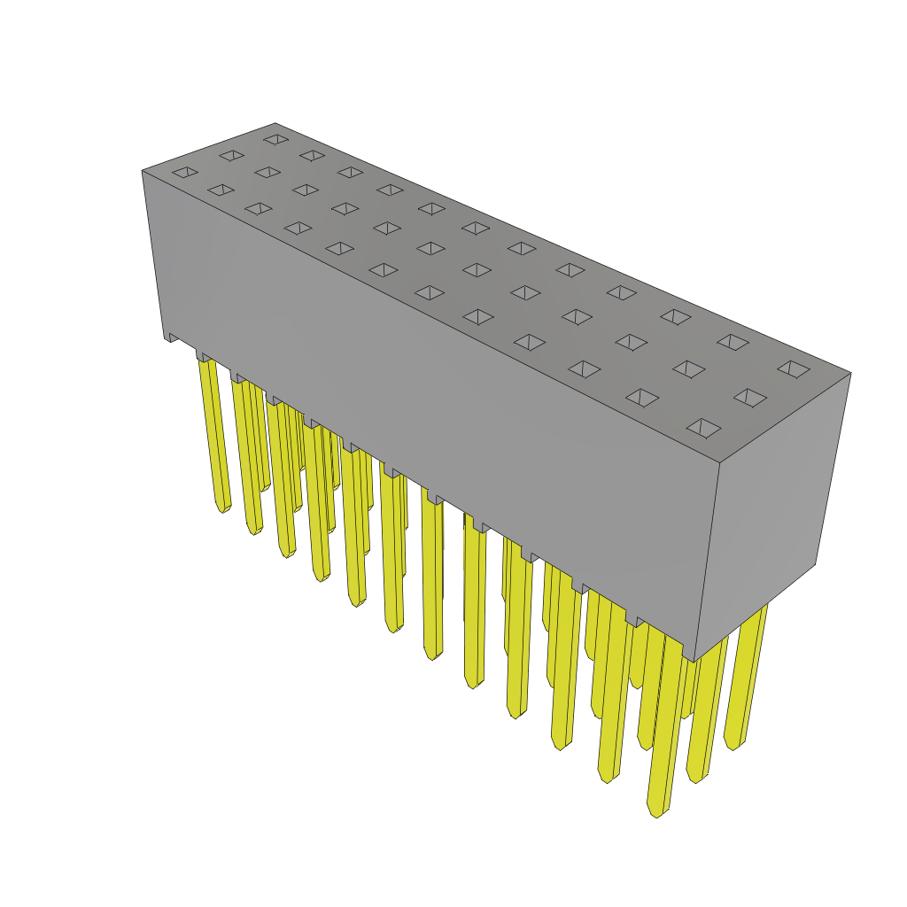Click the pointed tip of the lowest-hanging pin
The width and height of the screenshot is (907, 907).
tap(655, 813)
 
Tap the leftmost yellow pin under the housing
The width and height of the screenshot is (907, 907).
tap(214, 425)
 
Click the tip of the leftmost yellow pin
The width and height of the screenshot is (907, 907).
tap(221, 508)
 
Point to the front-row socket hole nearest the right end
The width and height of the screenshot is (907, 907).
tap(703, 429)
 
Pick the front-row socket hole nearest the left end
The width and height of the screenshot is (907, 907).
tap(185, 172)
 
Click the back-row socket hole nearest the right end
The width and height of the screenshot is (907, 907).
tap(794, 368)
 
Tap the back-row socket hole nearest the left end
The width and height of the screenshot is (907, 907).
tap(275, 139)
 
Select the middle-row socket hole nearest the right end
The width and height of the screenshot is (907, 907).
tap(749, 398)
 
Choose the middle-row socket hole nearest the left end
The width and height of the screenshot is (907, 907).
tap(231, 155)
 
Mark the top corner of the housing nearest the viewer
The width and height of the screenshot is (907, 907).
tap(719, 463)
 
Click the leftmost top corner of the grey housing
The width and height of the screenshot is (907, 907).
tap(143, 171)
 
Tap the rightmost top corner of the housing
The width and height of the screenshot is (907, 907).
tap(850, 372)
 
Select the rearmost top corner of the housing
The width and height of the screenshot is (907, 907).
tap(275, 124)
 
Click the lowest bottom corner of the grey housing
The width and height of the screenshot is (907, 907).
tap(694, 662)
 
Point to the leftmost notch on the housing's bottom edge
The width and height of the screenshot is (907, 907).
tap(171, 337)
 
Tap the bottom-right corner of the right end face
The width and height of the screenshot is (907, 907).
tap(815, 564)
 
